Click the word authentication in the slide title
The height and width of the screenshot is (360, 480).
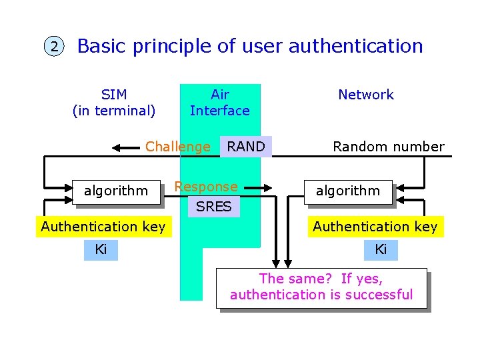click(355, 46)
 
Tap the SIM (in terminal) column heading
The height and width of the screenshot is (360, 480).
click(114, 103)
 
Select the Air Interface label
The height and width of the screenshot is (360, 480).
click(219, 103)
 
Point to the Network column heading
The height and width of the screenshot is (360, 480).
click(365, 95)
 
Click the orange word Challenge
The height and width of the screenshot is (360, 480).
click(177, 147)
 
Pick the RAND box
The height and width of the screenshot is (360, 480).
click(246, 147)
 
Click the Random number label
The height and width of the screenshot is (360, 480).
click(388, 147)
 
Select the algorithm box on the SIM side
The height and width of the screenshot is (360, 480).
click(117, 191)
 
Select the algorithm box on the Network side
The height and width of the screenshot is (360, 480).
click(348, 191)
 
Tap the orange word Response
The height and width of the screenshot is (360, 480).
click(205, 187)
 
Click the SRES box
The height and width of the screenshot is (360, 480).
click(213, 207)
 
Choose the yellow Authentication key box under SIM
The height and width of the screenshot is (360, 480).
click(103, 227)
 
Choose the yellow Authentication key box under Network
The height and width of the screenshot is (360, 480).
click(375, 227)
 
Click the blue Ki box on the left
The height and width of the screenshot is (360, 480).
click(101, 250)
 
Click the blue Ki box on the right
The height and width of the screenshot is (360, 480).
click(381, 250)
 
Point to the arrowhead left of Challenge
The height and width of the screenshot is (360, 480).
click(118, 147)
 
